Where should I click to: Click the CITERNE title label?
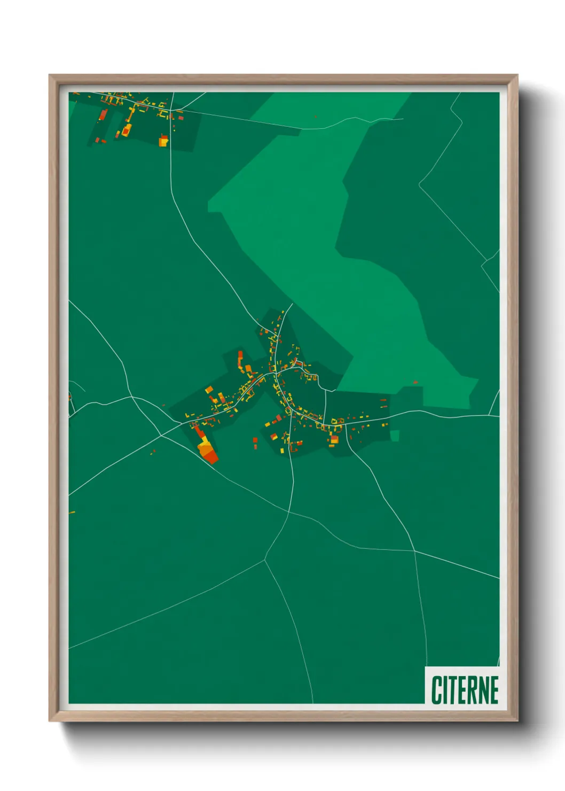click(x=465, y=689)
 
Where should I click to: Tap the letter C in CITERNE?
click(x=436, y=690)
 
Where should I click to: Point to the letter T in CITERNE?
click(x=452, y=690)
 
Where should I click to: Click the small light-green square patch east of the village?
click(x=395, y=436)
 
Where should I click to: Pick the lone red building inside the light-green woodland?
click(x=415, y=382)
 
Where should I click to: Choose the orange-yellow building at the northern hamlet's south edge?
click(x=163, y=141)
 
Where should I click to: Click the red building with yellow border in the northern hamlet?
click(x=126, y=130)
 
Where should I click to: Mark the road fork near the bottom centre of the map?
click(x=265, y=560)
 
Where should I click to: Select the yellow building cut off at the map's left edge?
click(x=71, y=513)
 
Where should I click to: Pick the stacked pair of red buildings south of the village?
click(x=255, y=443)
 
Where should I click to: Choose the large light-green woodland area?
click(x=320, y=241)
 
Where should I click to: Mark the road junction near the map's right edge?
click(x=490, y=415)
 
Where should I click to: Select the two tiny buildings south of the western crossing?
click(x=153, y=452)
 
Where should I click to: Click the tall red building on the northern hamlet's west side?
click(x=103, y=114)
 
